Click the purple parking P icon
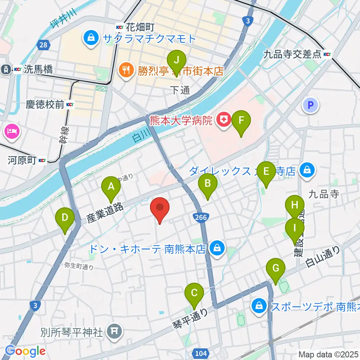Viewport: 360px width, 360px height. pos(310,105)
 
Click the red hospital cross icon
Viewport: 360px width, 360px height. pos(224,120)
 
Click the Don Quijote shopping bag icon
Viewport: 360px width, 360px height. pos(216,248)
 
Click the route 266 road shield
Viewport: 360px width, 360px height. pos(199,217)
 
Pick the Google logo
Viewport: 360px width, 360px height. pos(25,351)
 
